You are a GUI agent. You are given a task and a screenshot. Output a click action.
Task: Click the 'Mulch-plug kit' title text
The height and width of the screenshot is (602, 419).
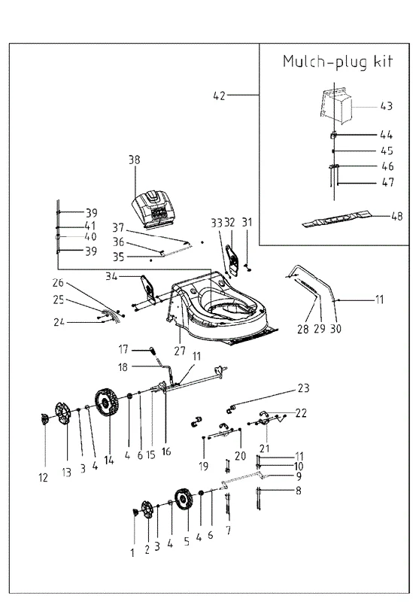(338, 62)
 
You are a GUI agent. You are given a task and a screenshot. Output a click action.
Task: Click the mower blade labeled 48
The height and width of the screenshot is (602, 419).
(336, 218)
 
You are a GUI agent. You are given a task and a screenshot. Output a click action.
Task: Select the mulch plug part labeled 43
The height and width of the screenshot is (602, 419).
(335, 102)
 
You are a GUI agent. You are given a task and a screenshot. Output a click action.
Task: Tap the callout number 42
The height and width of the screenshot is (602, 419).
(220, 96)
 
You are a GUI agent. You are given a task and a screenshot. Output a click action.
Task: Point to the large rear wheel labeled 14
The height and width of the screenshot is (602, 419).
(106, 402)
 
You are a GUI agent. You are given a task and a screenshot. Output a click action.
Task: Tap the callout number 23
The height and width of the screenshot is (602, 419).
(303, 388)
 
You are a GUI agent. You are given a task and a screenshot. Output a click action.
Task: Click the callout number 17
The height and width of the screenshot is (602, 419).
(123, 349)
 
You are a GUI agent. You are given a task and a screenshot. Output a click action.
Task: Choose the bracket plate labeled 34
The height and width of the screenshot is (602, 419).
(148, 289)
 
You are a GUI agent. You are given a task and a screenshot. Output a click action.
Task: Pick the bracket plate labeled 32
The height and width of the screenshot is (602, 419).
(232, 260)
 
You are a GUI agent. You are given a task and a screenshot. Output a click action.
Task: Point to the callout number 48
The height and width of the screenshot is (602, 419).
(396, 216)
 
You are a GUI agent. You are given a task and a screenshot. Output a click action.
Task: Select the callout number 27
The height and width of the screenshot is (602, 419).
(180, 351)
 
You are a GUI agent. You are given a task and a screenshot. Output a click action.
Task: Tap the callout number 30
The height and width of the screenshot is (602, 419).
(336, 329)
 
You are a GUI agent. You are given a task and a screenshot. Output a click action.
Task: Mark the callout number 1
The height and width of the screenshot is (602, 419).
(132, 553)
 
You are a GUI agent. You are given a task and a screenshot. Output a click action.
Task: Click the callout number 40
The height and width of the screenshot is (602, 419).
(90, 236)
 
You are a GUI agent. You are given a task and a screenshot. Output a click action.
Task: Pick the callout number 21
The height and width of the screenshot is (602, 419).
(264, 448)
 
